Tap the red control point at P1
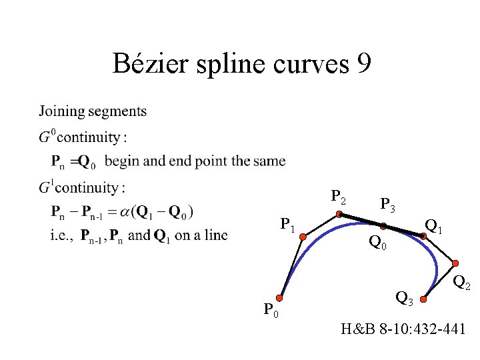(303, 235)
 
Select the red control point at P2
(339, 214)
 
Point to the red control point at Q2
(457, 263)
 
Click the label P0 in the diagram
(271, 311)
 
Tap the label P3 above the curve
(387, 205)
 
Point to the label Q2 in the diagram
(461, 284)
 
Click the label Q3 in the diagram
(404, 297)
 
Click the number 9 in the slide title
(364, 64)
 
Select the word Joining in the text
(61, 111)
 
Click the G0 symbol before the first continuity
(46, 137)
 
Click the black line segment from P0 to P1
(292, 267)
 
